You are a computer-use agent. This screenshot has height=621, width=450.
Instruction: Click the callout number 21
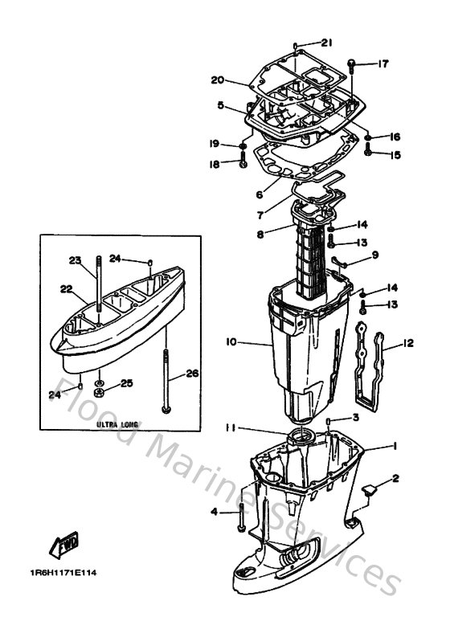pyautogui.click(x=326, y=43)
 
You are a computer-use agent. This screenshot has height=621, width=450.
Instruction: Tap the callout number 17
pyautogui.click(x=383, y=63)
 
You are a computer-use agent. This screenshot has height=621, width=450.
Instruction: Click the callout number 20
pyautogui.click(x=217, y=80)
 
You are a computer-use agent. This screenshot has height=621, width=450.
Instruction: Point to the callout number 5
pyautogui.click(x=220, y=104)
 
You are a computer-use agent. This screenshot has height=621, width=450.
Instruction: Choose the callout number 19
pyautogui.click(x=214, y=145)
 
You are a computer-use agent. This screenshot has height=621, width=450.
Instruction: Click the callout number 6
pyautogui.click(x=236, y=194)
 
